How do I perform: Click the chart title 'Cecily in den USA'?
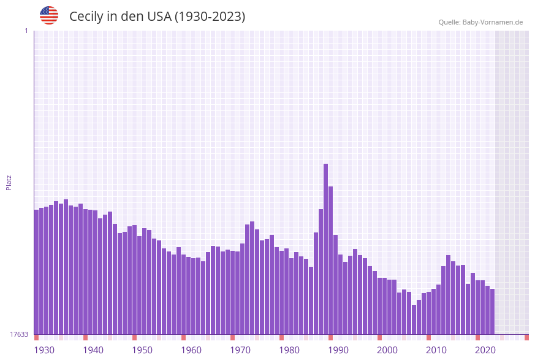157,17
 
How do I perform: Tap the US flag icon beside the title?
49,15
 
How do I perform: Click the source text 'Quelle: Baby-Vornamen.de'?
480,22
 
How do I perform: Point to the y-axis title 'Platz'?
9,182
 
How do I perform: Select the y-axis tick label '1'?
26,31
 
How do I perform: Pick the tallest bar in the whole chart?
326,248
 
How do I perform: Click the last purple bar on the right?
492,312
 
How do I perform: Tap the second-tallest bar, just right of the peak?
331,260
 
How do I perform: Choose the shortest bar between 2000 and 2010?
414,320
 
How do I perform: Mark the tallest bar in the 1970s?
252,278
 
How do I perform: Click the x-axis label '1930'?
44,350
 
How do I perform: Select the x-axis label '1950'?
142,350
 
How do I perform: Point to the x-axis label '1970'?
240,350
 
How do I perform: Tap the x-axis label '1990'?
338,350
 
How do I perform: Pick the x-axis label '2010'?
436,350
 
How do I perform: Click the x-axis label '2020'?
485,350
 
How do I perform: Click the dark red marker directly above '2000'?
380,337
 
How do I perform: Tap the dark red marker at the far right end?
526,337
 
